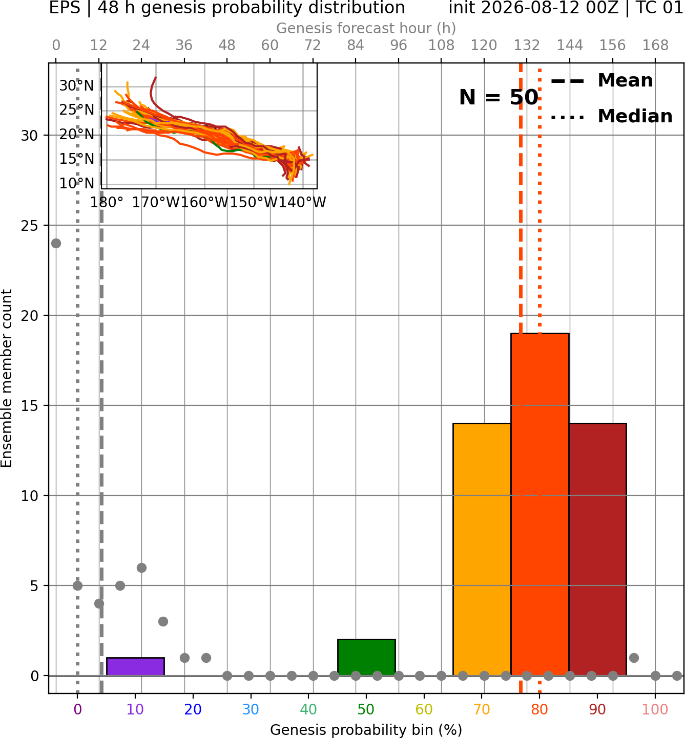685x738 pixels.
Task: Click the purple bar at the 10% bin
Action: pyautogui.click(x=135, y=666)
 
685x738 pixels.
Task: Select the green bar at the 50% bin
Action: pyautogui.click(x=366, y=657)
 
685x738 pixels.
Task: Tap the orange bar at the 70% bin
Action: pyautogui.click(x=482, y=549)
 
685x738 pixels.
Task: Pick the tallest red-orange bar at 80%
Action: pyautogui.click(x=540, y=504)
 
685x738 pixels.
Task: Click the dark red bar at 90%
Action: pyautogui.click(x=597, y=549)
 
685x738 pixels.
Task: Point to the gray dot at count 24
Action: pyautogui.click(x=56, y=244)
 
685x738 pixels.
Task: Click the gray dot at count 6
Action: pyautogui.click(x=141, y=568)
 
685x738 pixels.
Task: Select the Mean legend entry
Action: pyautogui.click(x=601, y=81)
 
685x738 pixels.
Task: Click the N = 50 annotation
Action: pyautogui.click(x=499, y=97)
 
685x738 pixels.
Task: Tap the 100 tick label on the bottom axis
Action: pyautogui.click(x=655, y=709)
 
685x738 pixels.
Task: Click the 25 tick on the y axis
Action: pyautogui.click(x=30, y=226)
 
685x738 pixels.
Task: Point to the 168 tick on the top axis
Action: pyautogui.click(x=655, y=46)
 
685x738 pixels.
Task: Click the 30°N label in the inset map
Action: pyautogui.click(x=77, y=86)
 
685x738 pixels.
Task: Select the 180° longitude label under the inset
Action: pyautogui.click(x=107, y=203)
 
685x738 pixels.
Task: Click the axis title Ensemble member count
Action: pyautogui.click(x=6, y=378)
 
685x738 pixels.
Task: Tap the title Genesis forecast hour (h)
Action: pyautogui.click(x=366, y=28)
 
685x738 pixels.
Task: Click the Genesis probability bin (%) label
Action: pyautogui.click(x=366, y=730)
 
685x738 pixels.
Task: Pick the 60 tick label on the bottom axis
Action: pyautogui.click(x=424, y=709)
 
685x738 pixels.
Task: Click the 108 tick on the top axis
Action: pyautogui.click(x=441, y=46)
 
